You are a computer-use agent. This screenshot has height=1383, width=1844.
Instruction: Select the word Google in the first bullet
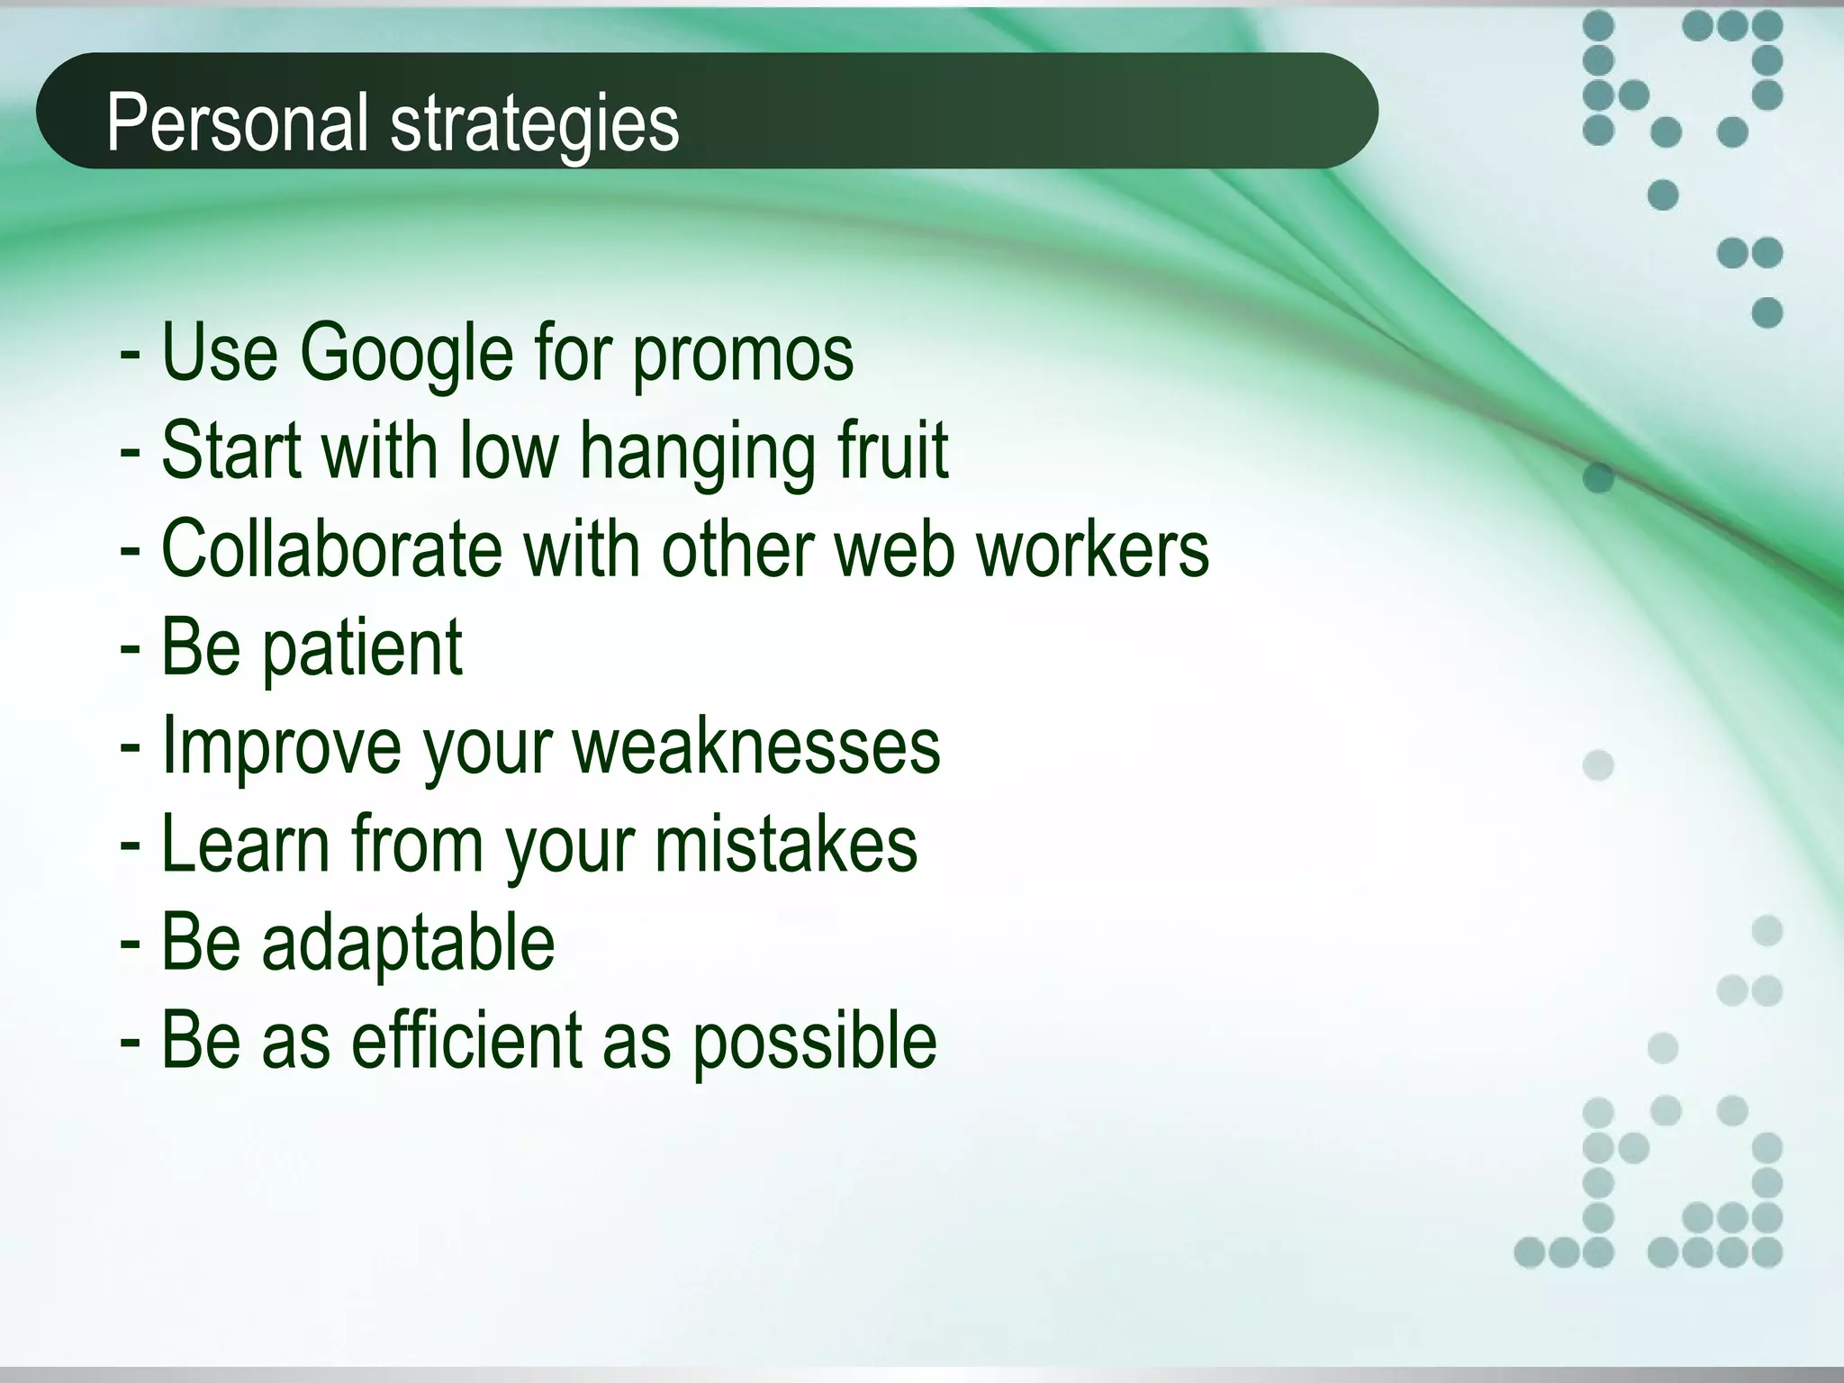[406, 353]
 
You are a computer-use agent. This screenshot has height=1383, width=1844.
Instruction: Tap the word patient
[362, 647]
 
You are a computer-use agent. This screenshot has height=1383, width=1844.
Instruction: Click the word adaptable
[408, 943]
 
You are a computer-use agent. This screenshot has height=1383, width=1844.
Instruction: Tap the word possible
[814, 1042]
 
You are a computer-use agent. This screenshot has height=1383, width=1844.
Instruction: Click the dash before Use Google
[130, 355]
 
